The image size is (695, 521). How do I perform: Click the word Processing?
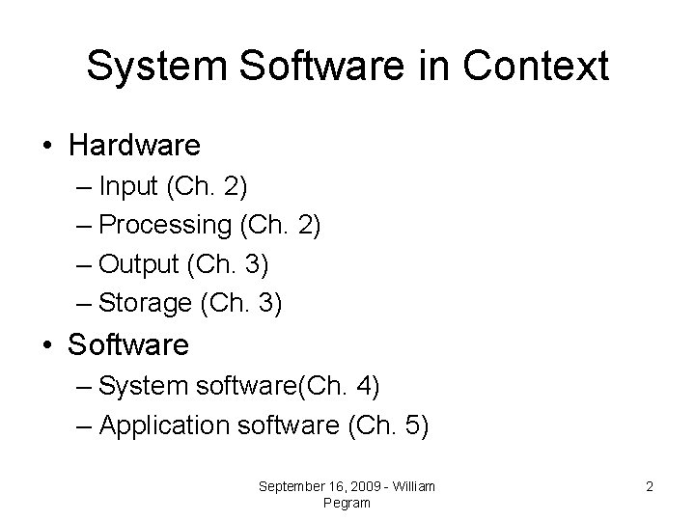click(x=163, y=226)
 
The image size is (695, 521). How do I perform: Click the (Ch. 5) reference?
click(x=388, y=425)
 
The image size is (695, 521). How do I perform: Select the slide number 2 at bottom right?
click(x=650, y=487)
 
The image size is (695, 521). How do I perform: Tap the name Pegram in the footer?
click(x=347, y=503)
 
